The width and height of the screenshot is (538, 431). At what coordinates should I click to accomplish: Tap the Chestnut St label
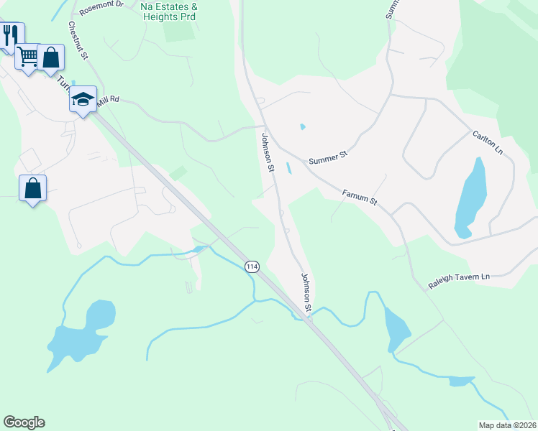click(x=78, y=40)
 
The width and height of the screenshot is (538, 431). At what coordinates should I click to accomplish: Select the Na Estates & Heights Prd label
click(x=169, y=10)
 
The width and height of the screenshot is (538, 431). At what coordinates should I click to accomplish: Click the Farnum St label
click(x=360, y=195)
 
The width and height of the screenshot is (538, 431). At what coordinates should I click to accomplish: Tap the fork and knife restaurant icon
click(x=10, y=34)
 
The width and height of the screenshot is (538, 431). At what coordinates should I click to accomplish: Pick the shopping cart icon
click(x=28, y=56)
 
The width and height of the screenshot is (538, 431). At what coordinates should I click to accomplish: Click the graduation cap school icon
click(x=83, y=99)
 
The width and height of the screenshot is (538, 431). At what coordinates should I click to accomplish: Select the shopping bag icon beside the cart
click(x=51, y=57)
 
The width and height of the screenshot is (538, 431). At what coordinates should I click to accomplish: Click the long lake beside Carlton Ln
click(x=470, y=198)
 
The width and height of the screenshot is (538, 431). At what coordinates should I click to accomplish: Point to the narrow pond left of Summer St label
click(x=288, y=168)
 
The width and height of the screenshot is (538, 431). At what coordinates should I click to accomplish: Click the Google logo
click(x=24, y=422)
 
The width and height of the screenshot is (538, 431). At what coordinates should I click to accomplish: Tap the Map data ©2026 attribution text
click(x=508, y=425)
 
